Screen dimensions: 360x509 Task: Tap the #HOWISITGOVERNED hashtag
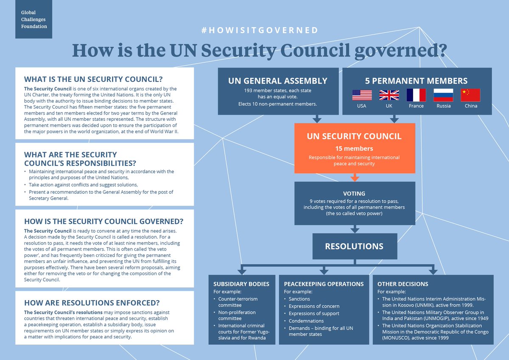coord(259,30)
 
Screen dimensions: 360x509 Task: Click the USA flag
coord(362,95)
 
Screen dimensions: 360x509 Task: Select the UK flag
coord(389,95)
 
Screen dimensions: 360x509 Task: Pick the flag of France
coord(416,95)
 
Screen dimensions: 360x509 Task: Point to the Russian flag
coord(443,95)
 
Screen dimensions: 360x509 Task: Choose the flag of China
coord(470,95)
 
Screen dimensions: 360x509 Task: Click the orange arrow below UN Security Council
coord(355,177)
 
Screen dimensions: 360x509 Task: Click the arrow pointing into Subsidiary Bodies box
coord(242,270)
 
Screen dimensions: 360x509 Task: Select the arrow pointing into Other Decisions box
coord(433,270)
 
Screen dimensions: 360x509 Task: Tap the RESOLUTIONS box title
coord(354,246)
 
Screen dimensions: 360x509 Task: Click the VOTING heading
coord(355,193)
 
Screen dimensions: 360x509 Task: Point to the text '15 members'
coord(355,148)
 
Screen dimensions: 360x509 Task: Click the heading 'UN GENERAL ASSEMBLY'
coord(277,81)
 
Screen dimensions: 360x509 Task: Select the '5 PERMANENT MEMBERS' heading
coord(416,81)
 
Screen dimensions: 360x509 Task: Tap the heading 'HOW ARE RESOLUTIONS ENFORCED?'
coord(92,303)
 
